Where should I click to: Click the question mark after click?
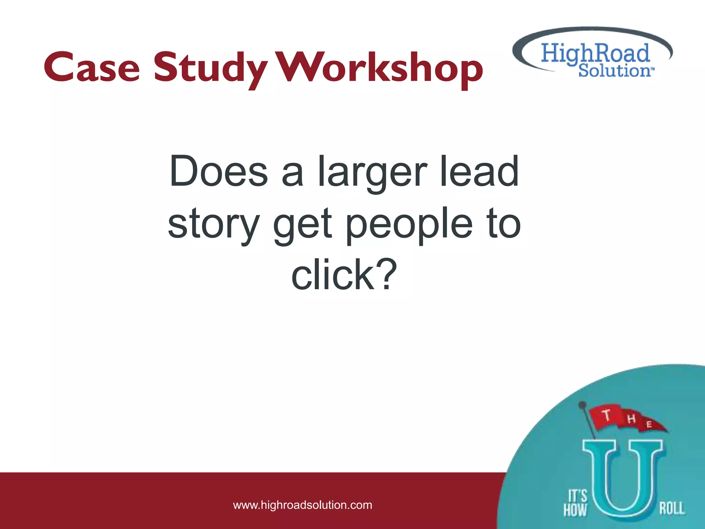[386, 274]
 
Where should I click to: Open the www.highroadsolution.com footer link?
[303, 505]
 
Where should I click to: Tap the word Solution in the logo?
[614, 71]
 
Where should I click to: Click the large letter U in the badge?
[622, 479]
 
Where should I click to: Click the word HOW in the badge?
[575, 510]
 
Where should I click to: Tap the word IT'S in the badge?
[577, 496]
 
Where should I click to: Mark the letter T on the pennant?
[607, 415]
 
